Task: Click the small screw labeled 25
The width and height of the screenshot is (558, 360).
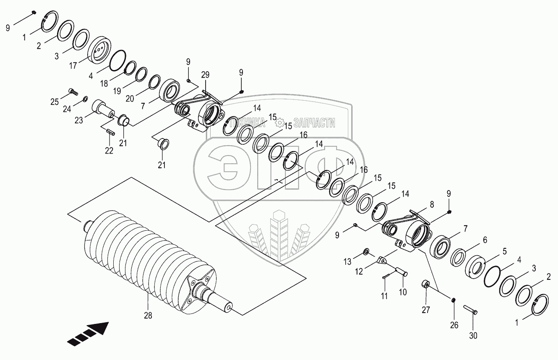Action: coord(73,90)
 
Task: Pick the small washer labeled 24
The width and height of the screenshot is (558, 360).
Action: coord(85,99)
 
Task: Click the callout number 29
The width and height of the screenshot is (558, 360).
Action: coord(205,75)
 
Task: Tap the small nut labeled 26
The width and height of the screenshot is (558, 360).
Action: coord(453,300)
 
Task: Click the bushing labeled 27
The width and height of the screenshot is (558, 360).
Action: coord(425,284)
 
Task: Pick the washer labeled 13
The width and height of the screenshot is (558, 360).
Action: coord(366,251)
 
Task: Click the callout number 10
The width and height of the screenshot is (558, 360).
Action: coord(403,292)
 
